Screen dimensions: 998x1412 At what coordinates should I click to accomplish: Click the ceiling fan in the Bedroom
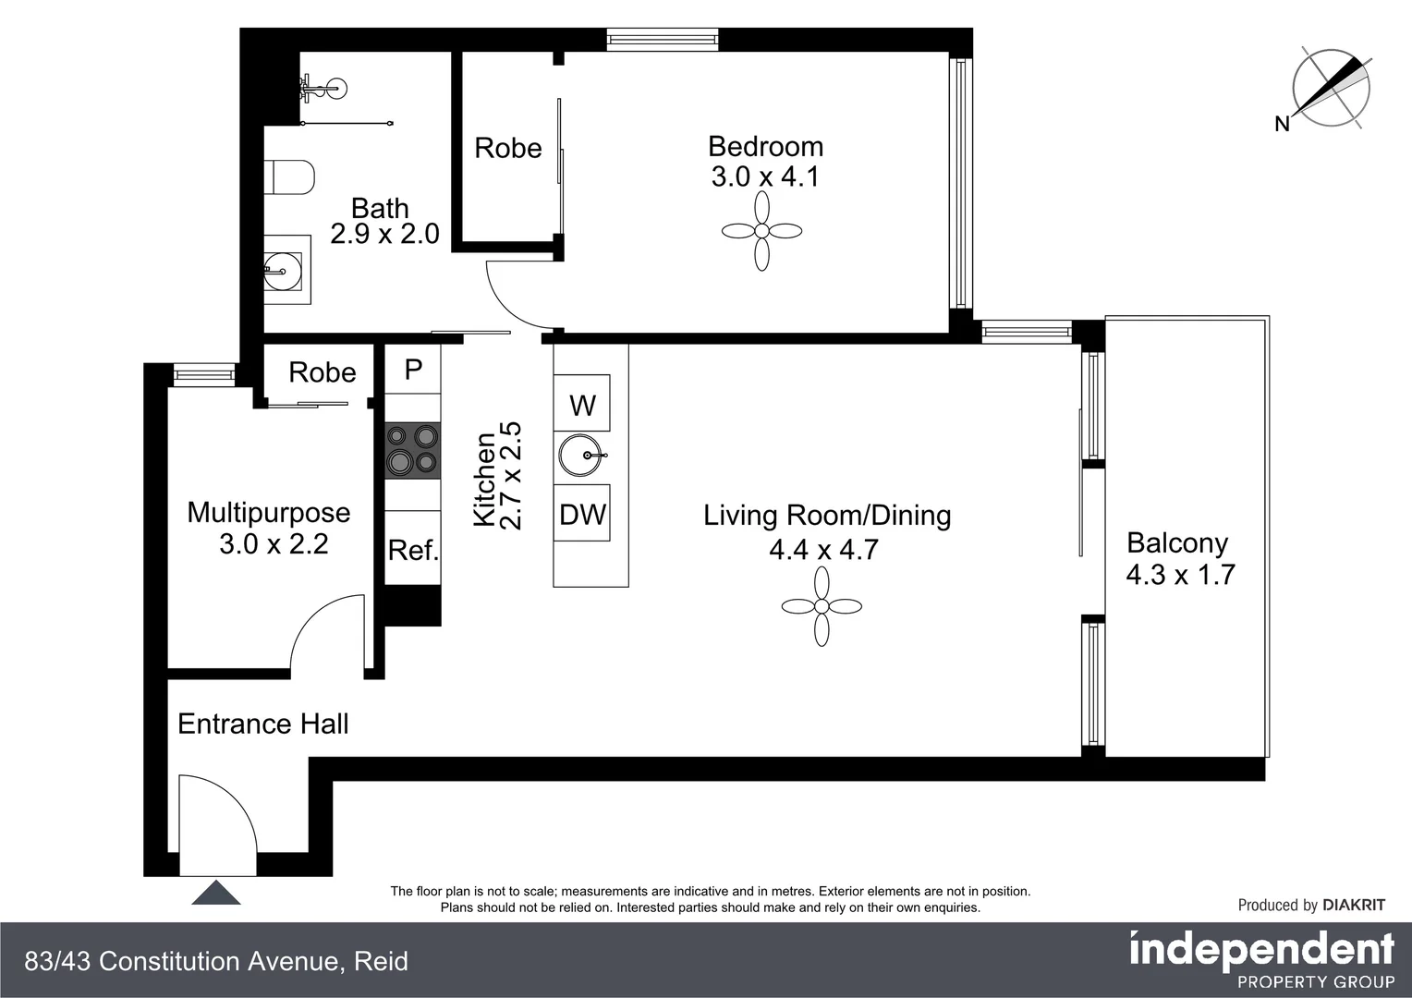tap(761, 231)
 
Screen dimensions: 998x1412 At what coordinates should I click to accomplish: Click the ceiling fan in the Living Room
tap(822, 606)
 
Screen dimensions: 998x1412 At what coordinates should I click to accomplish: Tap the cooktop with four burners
tap(412, 450)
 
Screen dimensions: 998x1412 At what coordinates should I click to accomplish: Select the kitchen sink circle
tap(581, 456)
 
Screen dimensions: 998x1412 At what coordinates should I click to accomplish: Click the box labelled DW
tap(582, 515)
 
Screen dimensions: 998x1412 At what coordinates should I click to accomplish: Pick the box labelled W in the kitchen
tap(582, 404)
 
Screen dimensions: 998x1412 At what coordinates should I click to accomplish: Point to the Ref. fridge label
tap(413, 551)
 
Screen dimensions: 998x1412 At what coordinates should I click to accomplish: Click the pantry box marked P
tap(413, 370)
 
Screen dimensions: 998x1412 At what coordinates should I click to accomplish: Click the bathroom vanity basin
tap(283, 271)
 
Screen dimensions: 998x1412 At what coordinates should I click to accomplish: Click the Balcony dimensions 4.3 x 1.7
tap(1180, 575)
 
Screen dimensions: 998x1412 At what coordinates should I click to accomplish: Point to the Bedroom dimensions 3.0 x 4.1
tap(765, 176)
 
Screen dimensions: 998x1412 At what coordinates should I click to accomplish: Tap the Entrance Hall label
tap(262, 724)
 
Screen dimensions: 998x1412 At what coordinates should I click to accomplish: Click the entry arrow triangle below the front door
tap(216, 893)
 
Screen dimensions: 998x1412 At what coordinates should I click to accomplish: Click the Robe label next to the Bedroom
tap(507, 148)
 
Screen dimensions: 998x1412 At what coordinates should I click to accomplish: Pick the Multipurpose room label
tap(269, 513)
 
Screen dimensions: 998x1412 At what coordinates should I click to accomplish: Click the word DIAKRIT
tap(1353, 906)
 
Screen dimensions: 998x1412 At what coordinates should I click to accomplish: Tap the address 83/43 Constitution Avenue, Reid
tap(216, 962)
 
